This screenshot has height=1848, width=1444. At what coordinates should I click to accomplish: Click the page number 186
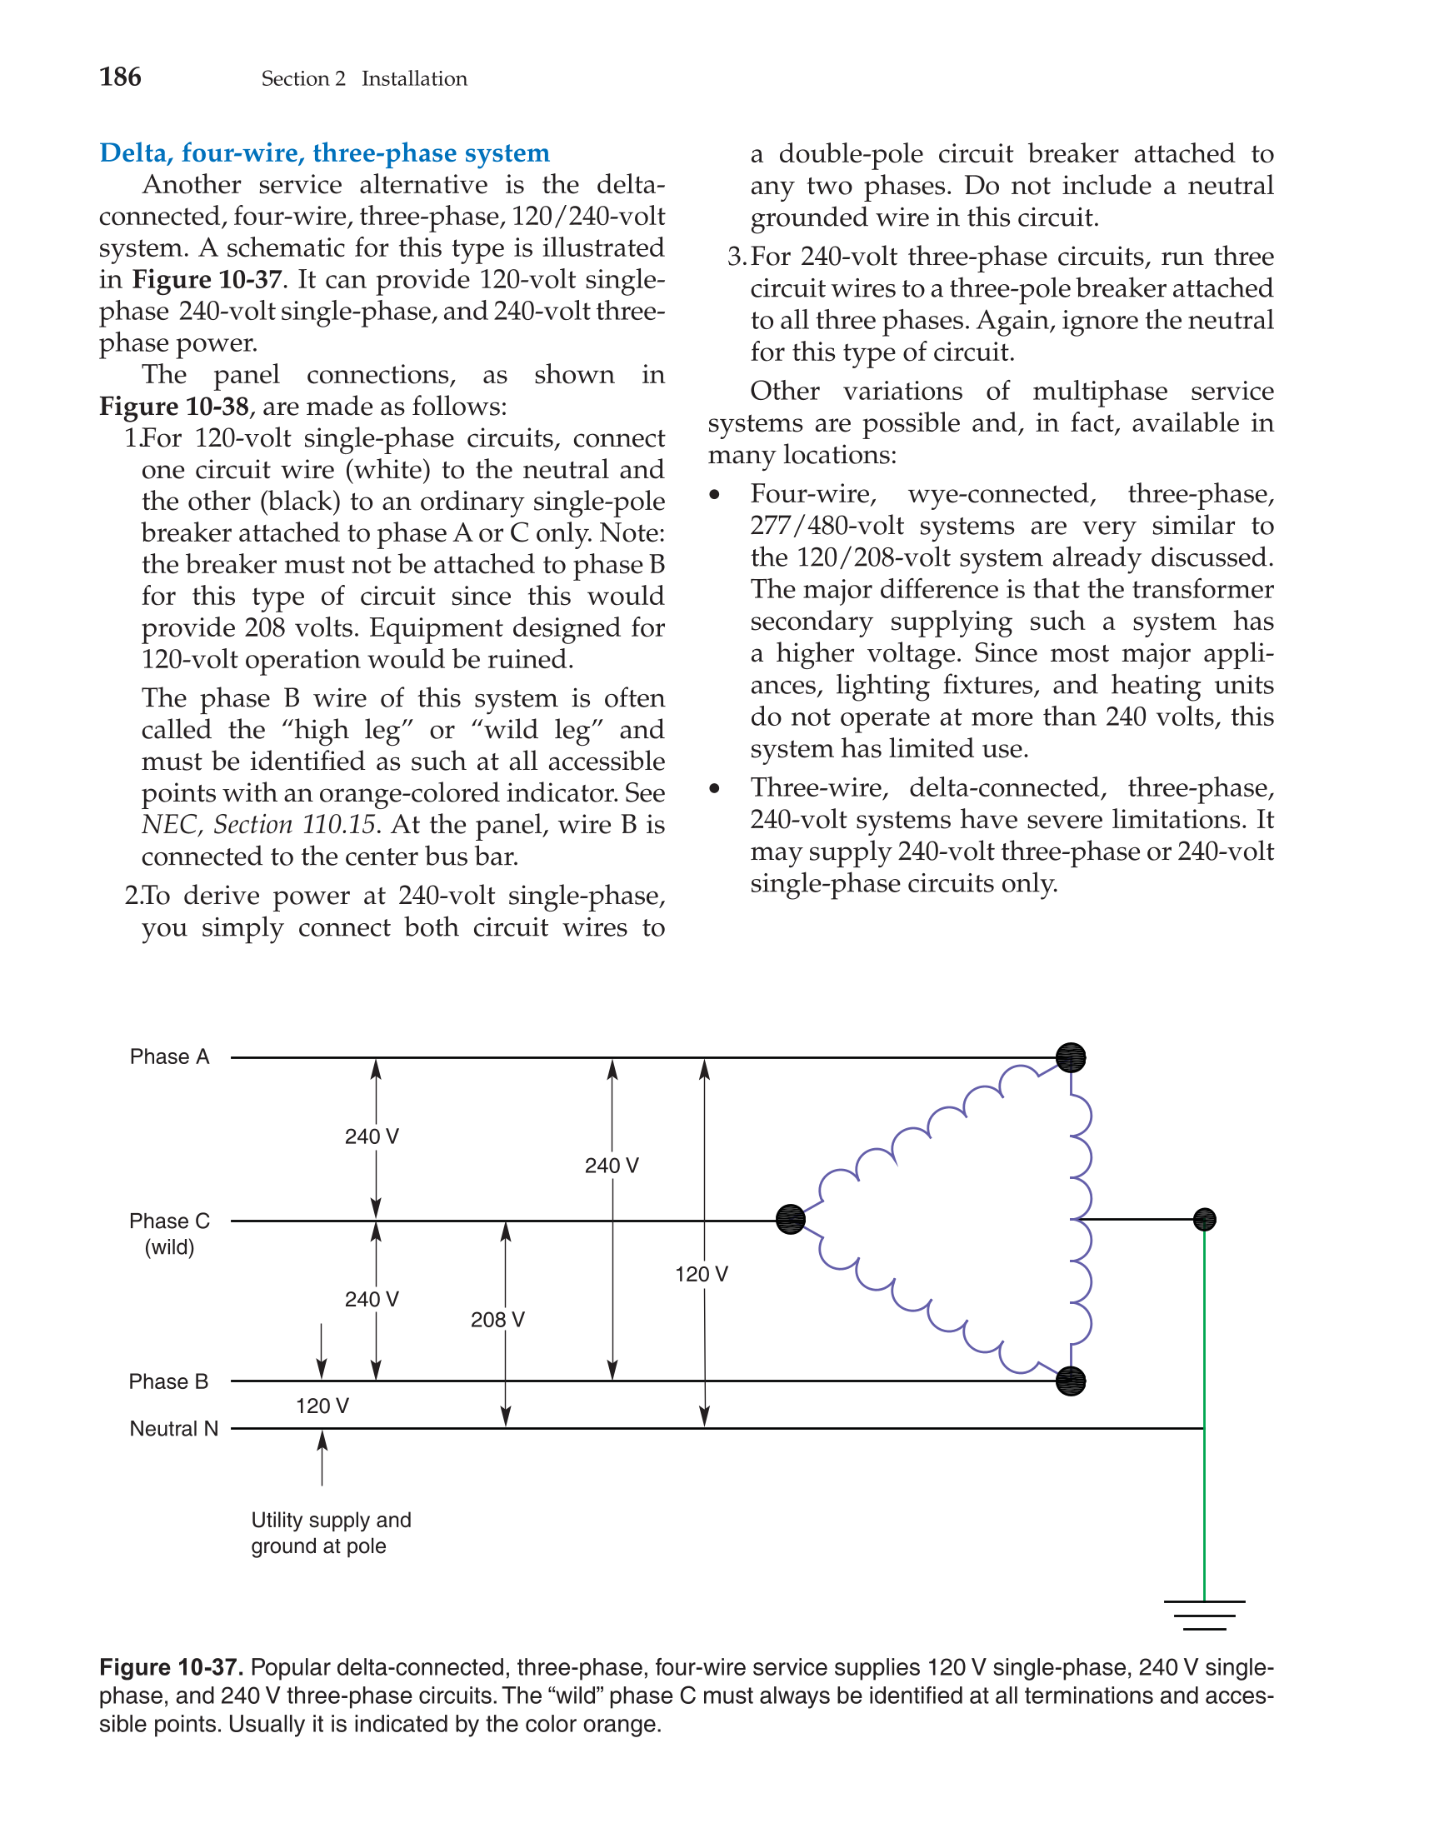pos(120,77)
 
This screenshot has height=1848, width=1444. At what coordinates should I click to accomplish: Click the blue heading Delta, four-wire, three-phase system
pos(324,153)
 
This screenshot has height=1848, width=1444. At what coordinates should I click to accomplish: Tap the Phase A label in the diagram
pos(169,1056)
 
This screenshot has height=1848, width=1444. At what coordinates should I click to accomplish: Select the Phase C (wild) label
pos(169,1233)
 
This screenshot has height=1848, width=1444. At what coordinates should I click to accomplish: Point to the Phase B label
pos(168,1381)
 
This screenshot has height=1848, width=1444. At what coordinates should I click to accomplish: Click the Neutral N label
pos(173,1428)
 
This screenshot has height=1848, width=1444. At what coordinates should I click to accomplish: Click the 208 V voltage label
pos(497,1319)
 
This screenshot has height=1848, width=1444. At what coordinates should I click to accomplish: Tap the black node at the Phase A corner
pos(1071,1056)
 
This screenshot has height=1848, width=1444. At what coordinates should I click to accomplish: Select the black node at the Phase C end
pos(791,1219)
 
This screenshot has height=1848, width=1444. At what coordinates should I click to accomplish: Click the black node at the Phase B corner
pos(1071,1381)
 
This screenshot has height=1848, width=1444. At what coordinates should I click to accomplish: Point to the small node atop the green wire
pos(1205,1219)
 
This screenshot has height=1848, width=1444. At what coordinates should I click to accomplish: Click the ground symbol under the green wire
pos(1205,1615)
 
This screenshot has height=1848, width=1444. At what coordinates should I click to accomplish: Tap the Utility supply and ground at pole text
pos(331,1532)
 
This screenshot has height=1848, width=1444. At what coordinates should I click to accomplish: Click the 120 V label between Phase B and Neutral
pos(322,1406)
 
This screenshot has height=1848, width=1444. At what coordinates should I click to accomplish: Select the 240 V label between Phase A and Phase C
pos(372,1136)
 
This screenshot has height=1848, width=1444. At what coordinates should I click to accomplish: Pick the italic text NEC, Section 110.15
pos(258,824)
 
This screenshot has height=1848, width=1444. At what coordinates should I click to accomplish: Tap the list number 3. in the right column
pos(737,257)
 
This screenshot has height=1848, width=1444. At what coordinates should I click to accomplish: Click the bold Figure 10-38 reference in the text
pos(173,406)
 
